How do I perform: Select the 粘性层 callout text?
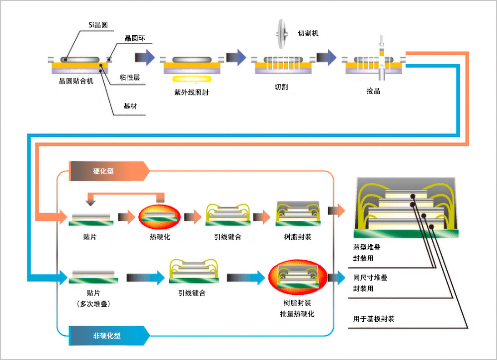[x=129, y=77]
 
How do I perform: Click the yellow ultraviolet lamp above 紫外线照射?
[x=192, y=79]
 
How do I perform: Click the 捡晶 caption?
[x=373, y=91]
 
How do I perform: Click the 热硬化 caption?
[x=160, y=237]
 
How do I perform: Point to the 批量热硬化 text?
[x=297, y=314]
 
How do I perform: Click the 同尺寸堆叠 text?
[x=370, y=278]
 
